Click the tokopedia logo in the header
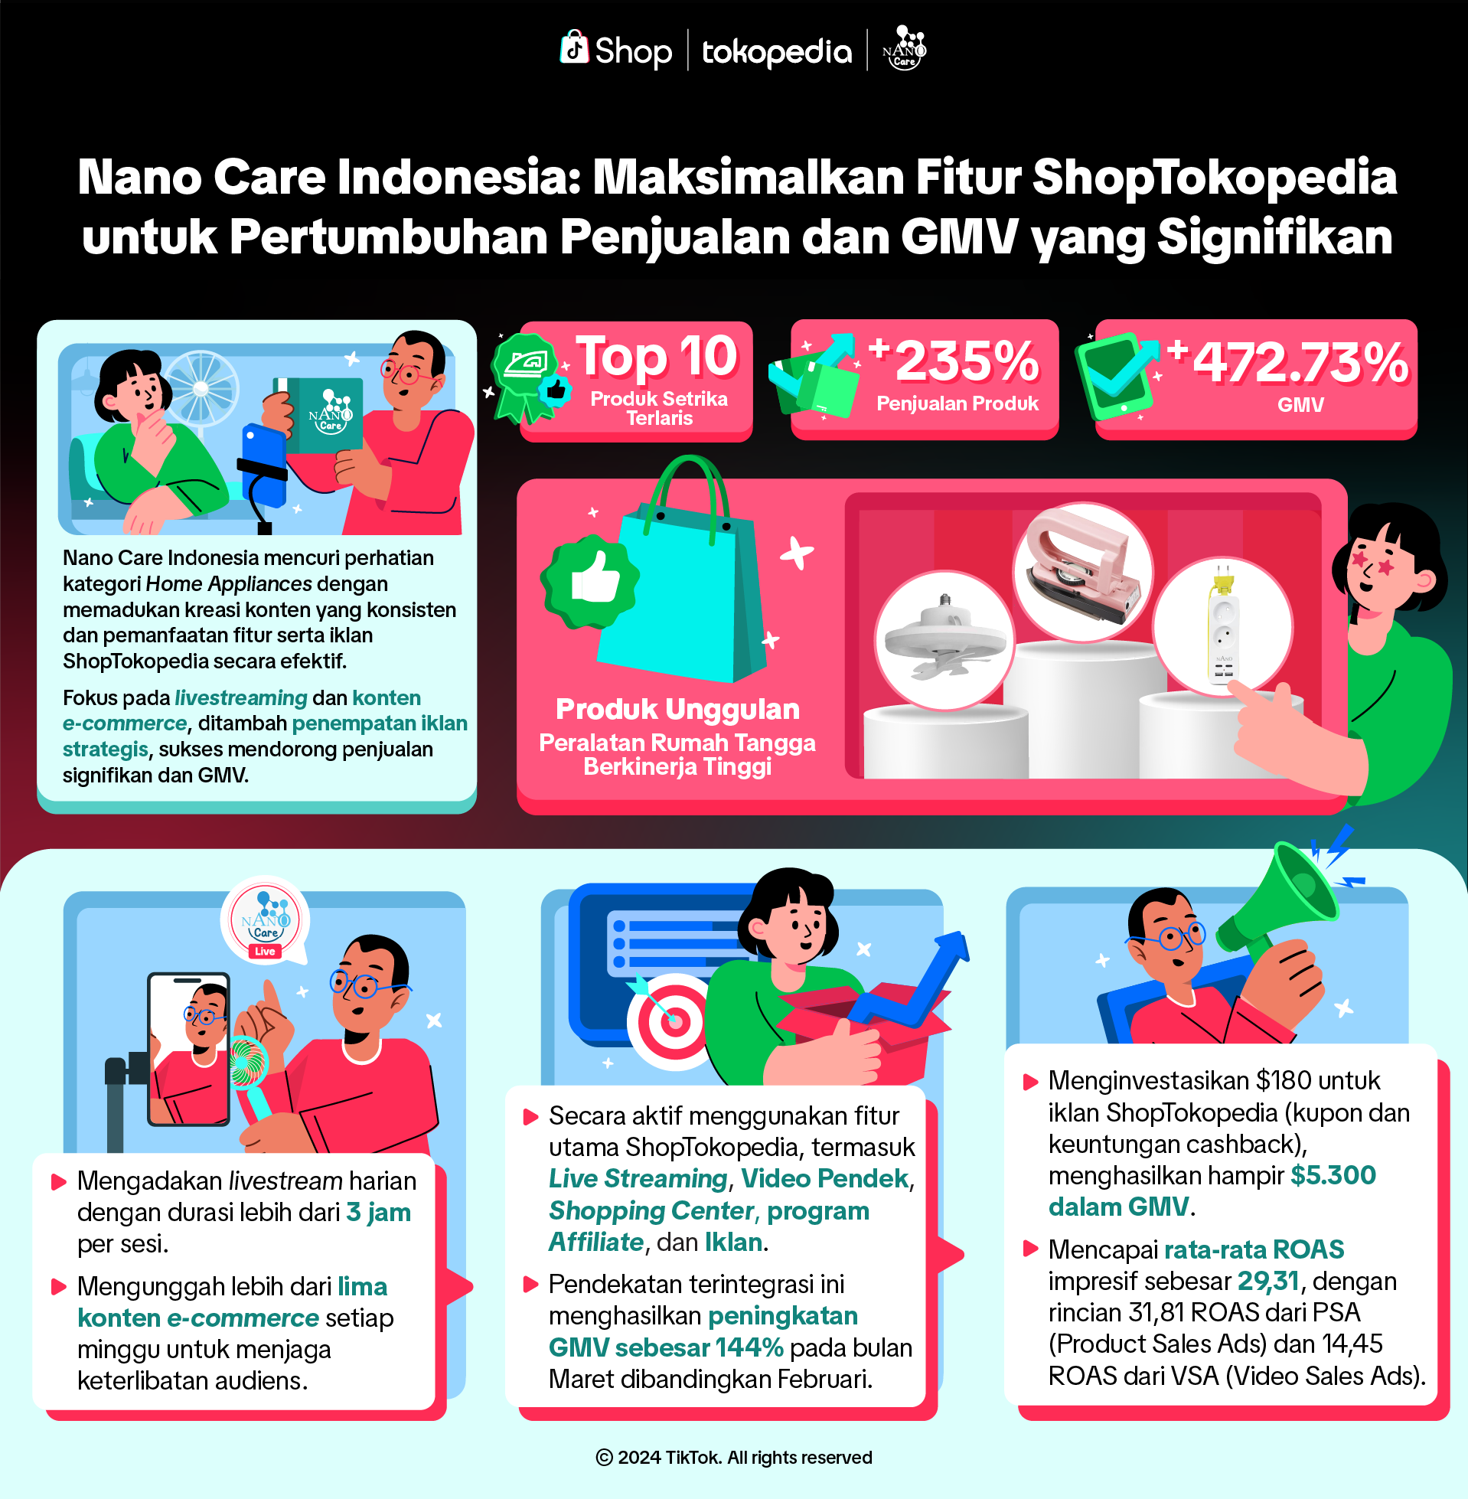776,52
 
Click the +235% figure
956,361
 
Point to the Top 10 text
657,357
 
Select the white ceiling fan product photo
944,640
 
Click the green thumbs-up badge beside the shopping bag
590,582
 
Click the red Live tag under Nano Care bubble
265,952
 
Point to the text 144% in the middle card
748,1347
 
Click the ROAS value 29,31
1268,1281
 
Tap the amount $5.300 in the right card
1333,1175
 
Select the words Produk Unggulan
677,709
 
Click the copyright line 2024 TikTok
734,1458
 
